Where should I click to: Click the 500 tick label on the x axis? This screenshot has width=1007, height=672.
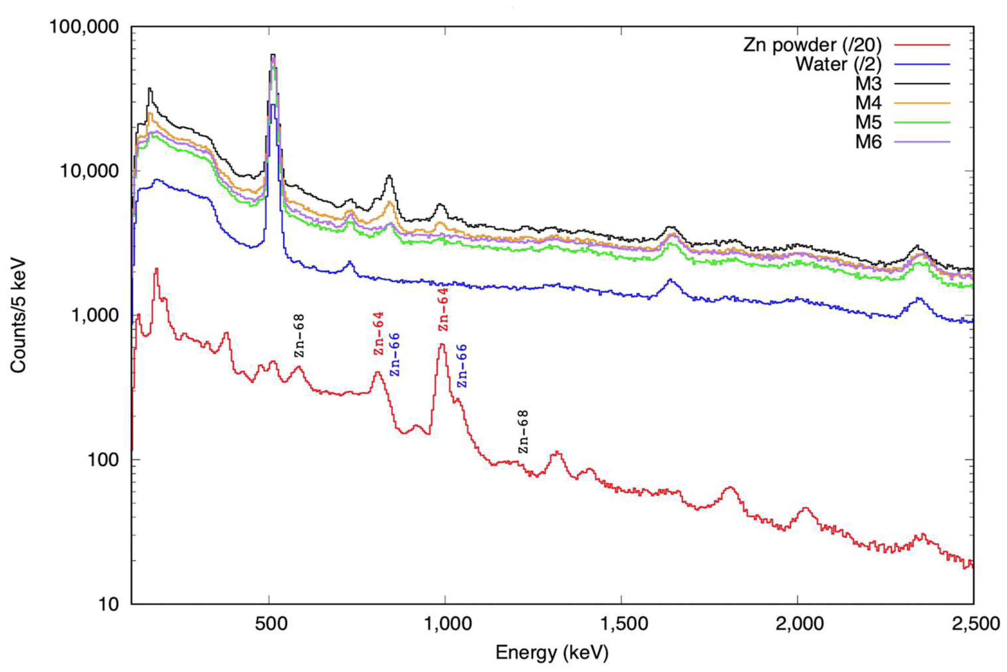tap(269, 623)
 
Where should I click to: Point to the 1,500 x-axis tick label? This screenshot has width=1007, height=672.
tap(621, 623)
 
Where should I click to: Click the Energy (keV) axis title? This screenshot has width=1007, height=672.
tap(552, 653)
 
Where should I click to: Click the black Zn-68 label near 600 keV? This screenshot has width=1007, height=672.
tap(299, 336)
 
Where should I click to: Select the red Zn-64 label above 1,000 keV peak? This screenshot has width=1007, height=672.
tap(443, 309)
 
